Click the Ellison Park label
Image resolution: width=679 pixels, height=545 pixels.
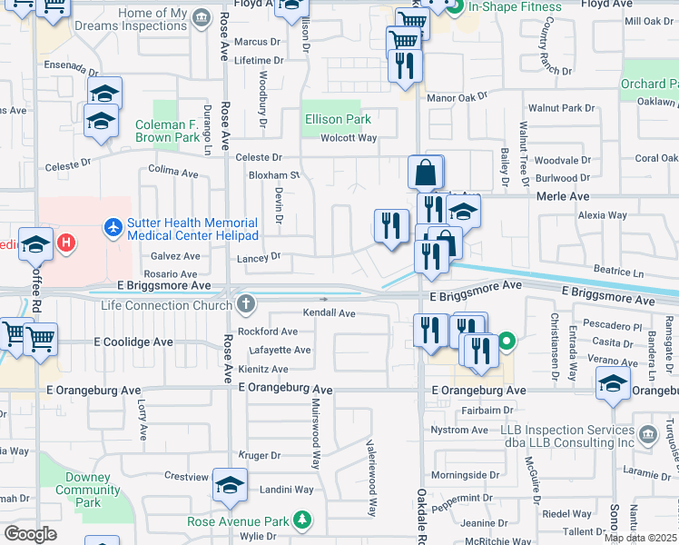pos(338,119)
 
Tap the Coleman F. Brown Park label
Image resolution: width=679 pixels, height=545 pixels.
pos(167,132)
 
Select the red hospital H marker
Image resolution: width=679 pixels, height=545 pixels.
pos(65,243)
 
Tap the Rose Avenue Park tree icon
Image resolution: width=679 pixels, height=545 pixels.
pos(301,521)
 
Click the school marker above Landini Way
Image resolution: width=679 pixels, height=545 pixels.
pos(231,485)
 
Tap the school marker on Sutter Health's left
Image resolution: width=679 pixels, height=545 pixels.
pos(36,244)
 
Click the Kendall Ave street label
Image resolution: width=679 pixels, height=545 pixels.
pos(329,312)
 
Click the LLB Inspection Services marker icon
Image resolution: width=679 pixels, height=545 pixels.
pos(646,434)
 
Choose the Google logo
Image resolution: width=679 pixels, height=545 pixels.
pos(30,534)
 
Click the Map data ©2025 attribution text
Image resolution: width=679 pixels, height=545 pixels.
pos(639,538)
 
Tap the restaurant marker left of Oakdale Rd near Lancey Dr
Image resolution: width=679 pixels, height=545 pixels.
pos(391,226)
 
